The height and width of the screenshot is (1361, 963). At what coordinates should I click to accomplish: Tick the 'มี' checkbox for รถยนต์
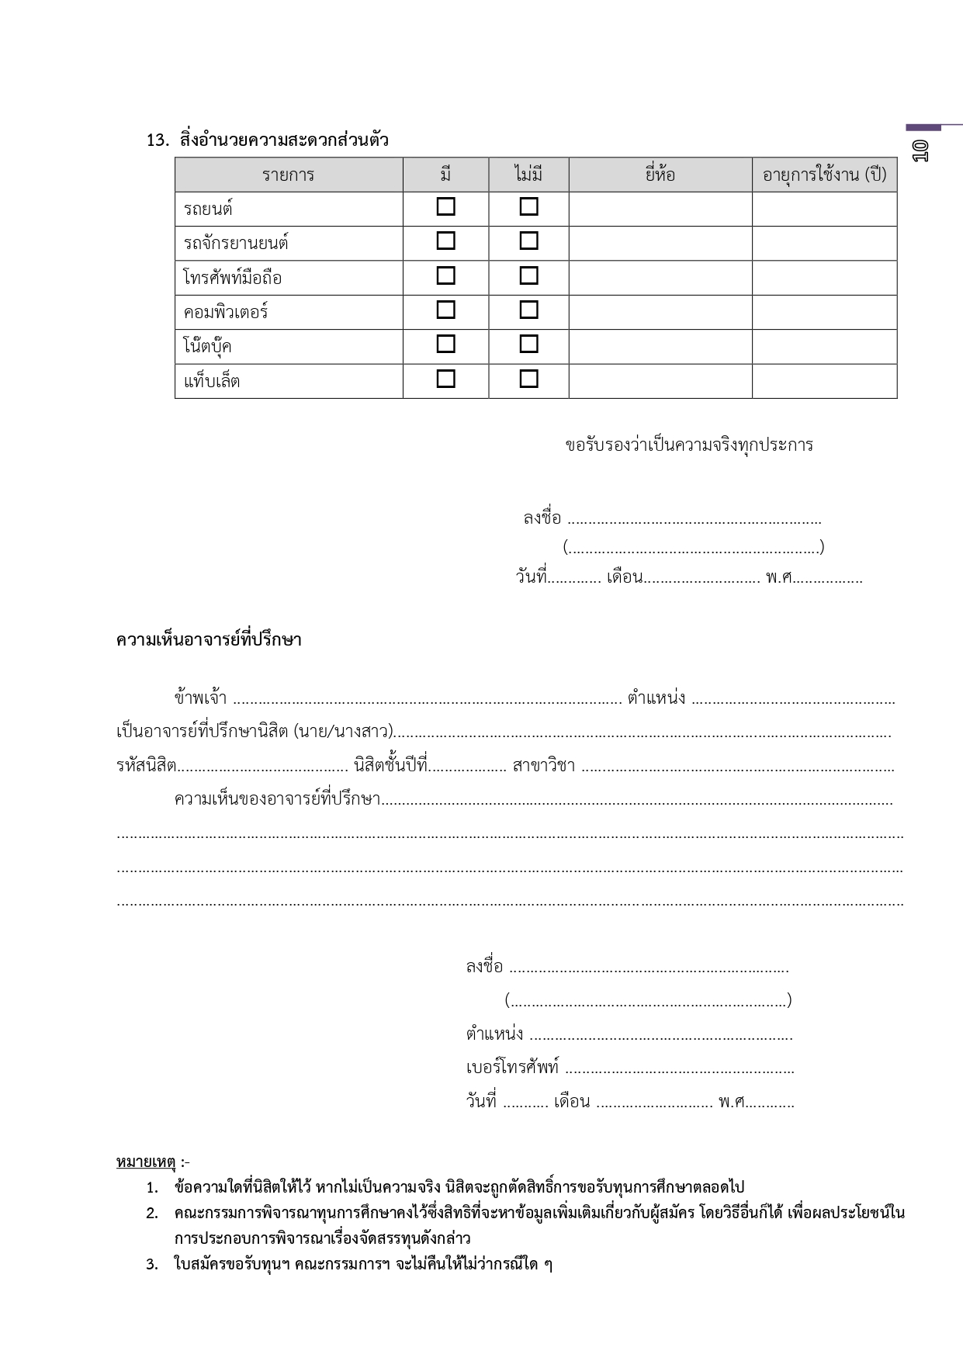pyautogui.click(x=445, y=207)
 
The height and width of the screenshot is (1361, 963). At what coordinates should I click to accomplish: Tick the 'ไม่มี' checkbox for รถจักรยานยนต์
pyautogui.click(x=528, y=241)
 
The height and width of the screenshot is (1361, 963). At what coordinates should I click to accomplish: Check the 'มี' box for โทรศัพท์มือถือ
pyautogui.click(x=445, y=275)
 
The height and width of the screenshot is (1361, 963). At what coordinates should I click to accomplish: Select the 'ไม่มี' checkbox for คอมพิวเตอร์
pyautogui.click(x=528, y=310)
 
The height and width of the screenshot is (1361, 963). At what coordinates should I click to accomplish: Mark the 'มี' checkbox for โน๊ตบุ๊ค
pyautogui.click(x=445, y=344)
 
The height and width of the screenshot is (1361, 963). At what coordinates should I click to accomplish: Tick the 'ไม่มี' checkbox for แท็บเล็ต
pyautogui.click(x=528, y=379)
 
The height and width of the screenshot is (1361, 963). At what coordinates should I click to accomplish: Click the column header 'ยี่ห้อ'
pyautogui.click(x=660, y=175)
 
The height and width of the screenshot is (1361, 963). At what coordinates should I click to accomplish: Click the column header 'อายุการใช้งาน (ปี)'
pyautogui.click(x=824, y=175)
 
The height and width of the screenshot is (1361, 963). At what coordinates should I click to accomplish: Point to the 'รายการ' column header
pyautogui.click(x=288, y=175)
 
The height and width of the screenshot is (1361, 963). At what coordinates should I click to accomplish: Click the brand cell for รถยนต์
pyautogui.click(x=660, y=209)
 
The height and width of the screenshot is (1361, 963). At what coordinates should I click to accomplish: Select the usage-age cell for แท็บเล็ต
pyautogui.click(x=824, y=381)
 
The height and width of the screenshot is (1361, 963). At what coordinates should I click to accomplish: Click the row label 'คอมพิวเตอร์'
pyautogui.click(x=226, y=312)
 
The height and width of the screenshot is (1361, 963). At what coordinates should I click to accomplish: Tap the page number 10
pyautogui.click(x=920, y=150)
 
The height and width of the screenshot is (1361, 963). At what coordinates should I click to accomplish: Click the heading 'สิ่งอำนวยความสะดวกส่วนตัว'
pyautogui.click(x=283, y=140)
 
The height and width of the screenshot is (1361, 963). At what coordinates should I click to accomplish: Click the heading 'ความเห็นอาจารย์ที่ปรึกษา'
pyautogui.click(x=209, y=640)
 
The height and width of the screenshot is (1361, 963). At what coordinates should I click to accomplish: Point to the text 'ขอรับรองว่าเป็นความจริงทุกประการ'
pyautogui.click(x=688, y=445)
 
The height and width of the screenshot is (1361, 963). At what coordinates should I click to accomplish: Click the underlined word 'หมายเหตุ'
pyautogui.click(x=146, y=1162)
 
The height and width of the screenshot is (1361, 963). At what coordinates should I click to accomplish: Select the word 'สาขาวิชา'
pyautogui.click(x=544, y=767)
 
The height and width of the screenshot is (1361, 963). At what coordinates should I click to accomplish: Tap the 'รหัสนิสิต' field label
pyautogui.click(x=146, y=767)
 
